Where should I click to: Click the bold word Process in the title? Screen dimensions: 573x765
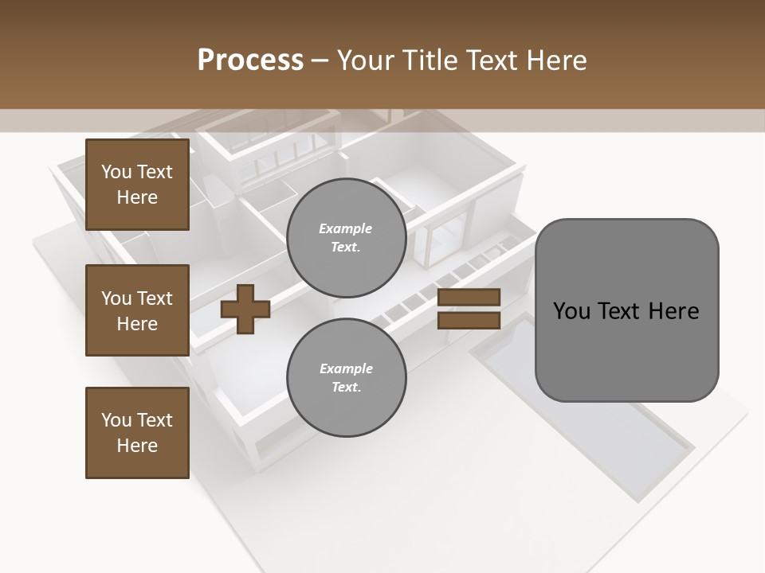tap(250, 60)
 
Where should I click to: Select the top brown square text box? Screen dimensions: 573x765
tap(137, 185)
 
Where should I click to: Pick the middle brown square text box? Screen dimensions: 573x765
tap(137, 310)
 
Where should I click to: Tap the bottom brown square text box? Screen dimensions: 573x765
tap(137, 433)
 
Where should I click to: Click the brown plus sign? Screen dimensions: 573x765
tap(245, 309)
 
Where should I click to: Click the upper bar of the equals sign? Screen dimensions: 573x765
tap(469, 298)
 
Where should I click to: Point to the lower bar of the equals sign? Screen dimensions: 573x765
tap(469, 320)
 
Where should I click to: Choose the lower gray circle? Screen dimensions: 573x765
tap(347, 378)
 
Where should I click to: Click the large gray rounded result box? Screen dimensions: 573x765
tap(626, 310)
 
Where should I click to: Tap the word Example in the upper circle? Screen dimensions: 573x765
tap(346, 228)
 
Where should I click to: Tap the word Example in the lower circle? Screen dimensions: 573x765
tap(346, 368)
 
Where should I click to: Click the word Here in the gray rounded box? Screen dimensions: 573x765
tap(674, 311)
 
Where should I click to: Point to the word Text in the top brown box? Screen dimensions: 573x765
tap(155, 172)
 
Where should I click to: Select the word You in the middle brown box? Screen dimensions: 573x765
tap(116, 298)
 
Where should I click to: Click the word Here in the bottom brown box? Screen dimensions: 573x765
tap(137, 446)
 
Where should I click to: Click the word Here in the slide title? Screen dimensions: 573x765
tap(554, 60)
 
